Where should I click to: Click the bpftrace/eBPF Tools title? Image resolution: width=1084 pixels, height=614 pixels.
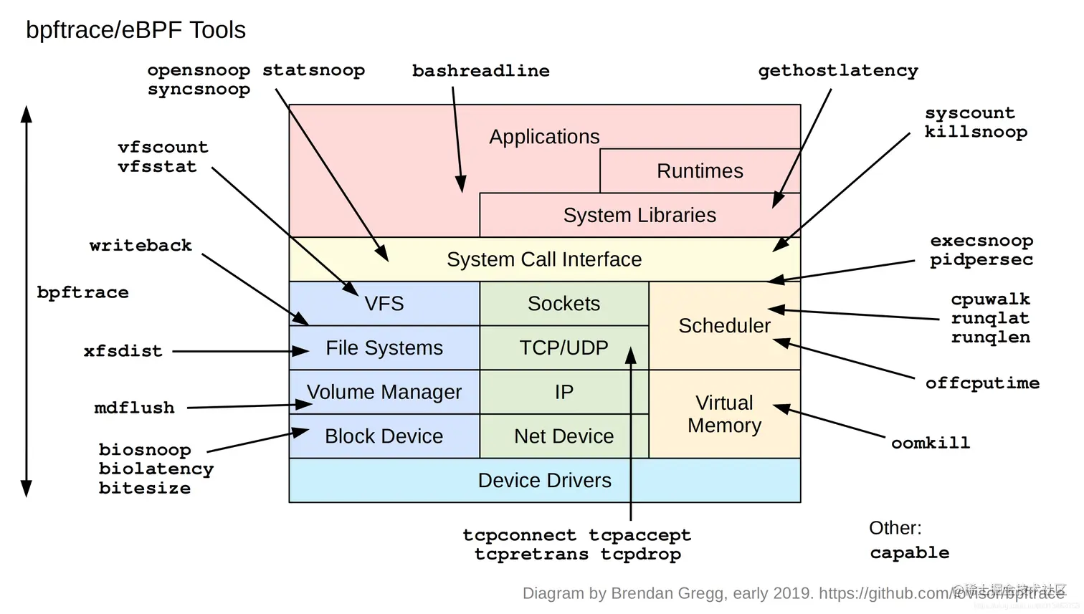pos(135,30)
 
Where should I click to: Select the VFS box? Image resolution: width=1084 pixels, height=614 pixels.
pos(384,304)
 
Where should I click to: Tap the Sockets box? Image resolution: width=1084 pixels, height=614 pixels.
pos(564,304)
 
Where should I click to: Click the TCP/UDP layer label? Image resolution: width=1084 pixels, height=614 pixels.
pos(564,348)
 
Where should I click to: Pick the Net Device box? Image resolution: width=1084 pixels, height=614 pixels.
pos(564,436)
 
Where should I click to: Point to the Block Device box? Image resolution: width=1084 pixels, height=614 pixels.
pos(384,436)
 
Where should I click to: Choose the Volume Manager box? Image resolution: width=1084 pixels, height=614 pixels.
pos(384,392)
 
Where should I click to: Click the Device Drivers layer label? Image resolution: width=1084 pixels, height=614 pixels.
pos(544,481)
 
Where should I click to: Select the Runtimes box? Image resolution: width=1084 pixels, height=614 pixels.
pos(700,171)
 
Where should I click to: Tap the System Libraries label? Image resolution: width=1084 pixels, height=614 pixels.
pos(640,216)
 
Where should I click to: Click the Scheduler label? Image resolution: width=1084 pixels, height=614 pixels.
pos(724,326)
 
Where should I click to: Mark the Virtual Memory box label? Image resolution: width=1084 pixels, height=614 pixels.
pos(724,414)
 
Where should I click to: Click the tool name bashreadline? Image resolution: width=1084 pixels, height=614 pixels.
pos(480,71)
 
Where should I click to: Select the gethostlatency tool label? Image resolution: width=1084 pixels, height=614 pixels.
pos(838,71)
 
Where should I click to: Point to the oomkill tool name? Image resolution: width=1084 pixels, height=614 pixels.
pos(930,443)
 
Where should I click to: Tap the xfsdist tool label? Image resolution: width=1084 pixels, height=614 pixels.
pos(123,351)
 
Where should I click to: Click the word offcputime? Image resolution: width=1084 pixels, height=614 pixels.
pos(981,383)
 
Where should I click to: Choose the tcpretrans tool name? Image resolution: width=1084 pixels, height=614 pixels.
pos(531,555)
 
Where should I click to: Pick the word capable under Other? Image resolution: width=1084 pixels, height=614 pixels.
pos(909,553)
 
